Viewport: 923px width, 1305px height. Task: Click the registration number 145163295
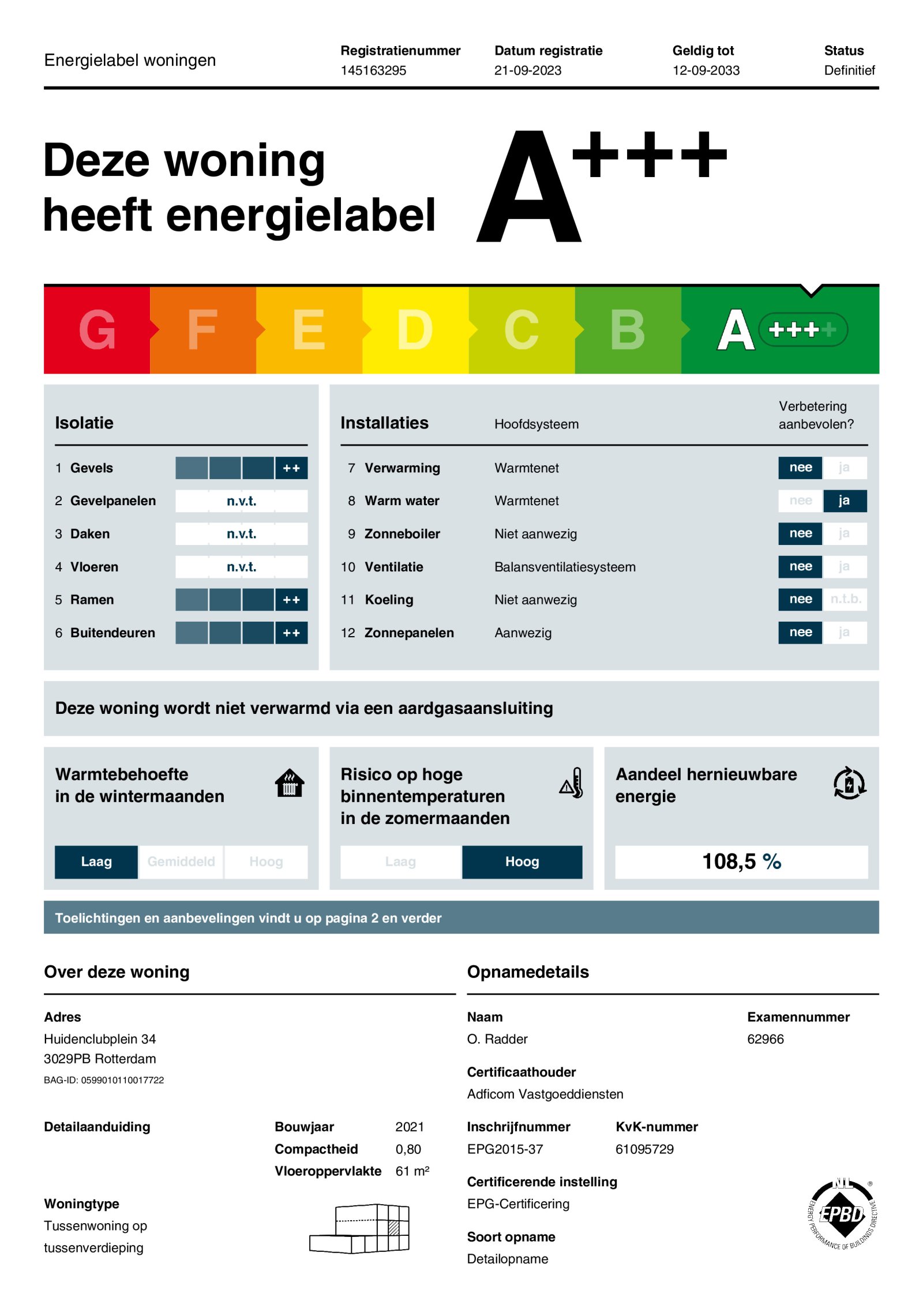(x=373, y=70)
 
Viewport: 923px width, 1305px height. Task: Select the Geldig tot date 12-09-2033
(x=706, y=70)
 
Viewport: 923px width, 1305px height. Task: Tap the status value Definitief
(x=849, y=70)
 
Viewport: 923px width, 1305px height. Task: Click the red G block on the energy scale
(x=97, y=330)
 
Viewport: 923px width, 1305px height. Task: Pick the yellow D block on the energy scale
(x=415, y=330)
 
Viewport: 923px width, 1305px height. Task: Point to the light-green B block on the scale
(x=628, y=330)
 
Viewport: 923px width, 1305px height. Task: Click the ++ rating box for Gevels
(x=291, y=468)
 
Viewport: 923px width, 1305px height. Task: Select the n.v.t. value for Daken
(x=241, y=534)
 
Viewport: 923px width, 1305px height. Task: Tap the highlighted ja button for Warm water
(x=844, y=501)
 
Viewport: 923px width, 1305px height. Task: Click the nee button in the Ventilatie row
(x=800, y=566)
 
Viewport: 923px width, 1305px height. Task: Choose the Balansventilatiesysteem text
(x=565, y=567)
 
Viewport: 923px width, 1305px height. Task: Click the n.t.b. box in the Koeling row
(x=845, y=599)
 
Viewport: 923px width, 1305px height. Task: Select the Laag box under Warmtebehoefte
(x=96, y=862)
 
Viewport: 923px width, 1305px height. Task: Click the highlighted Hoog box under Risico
(x=522, y=862)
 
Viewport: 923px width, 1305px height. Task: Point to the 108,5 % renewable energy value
(x=741, y=862)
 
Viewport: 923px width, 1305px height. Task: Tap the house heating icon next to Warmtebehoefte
(x=290, y=783)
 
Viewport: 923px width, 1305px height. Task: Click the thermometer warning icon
(x=572, y=783)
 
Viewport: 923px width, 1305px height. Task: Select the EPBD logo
(x=843, y=1214)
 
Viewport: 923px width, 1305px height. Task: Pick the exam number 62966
(x=765, y=1039)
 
